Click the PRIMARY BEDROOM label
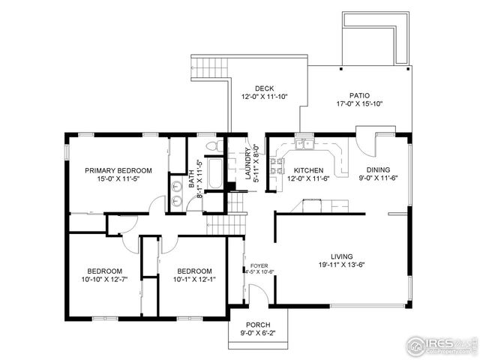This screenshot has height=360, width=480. [118, 170]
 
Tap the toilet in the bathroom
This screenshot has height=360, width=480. [212, 144]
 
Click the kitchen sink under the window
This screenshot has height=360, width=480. [304, 142]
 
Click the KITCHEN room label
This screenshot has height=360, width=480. [308, 170]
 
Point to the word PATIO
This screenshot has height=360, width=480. [359, 95]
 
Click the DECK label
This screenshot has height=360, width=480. [264, 88]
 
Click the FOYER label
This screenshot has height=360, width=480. [259, 265]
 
